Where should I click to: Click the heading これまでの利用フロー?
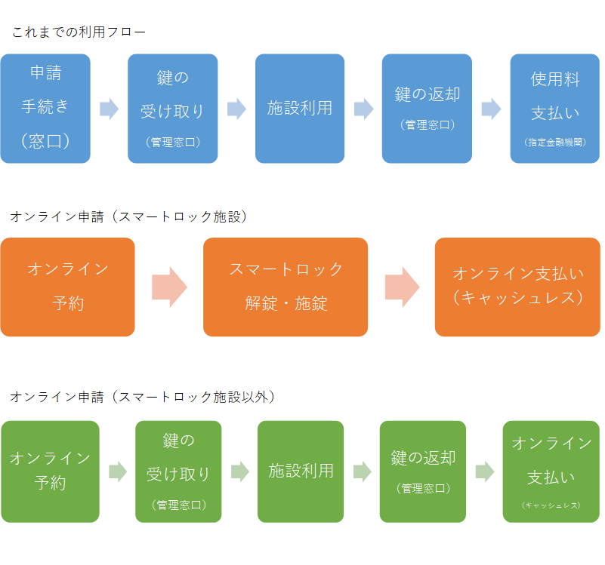pyautogui.click(x=79, y=32)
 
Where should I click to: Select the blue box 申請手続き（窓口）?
pyautogui.click(x=45, y=108)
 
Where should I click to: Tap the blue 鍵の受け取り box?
pyautogui.click(x=172, y=108)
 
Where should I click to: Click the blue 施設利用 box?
pyautogui.click(x=300, y=108)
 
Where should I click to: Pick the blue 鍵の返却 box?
pyautogui.click(x=427, y=108)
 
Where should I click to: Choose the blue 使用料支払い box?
pyautogui.click(x=555, y=108)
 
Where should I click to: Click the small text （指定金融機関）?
pyautogui.click(x=555, y=142)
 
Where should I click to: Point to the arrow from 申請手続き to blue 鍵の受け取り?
pyautogui.click(x=110, y=109)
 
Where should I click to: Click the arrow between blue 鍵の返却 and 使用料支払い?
pyautogui.click(x=492, y=109)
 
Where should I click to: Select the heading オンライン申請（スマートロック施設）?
pyautogui.click(x=129, y=216)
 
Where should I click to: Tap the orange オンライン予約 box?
pyautogui.click(x=67, y=287)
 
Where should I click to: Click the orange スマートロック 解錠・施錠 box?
pyautogui.click(x=286, y=287)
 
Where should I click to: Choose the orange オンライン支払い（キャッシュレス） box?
pyautogui.click(x=517, y=287)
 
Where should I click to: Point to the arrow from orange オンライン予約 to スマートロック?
pyautogui.click(x=169, y=287)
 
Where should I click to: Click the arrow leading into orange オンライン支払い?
pyautogui.click(x=402, y=287)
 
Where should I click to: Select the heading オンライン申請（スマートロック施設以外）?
pyautogui.click(x=143, y=397)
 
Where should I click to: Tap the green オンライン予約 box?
pyautogui.click(x=50, y=471)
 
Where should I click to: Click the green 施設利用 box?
pyautogui.click(x=301, y=471)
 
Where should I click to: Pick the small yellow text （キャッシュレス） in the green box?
pyautogui.click(x=551, y=505)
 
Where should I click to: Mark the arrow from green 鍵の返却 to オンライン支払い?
pyautogui.click(x=485, y=472)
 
